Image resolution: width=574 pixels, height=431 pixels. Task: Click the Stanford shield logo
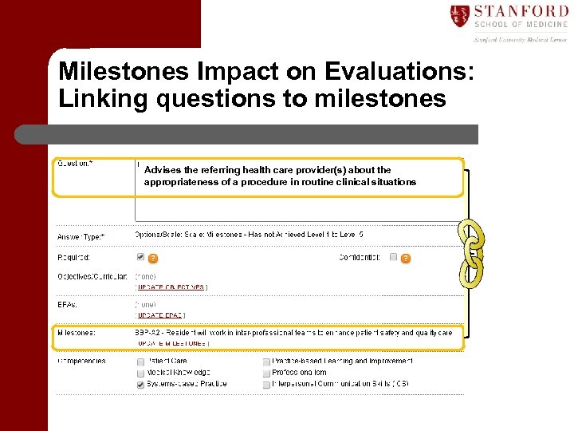(x=460, y=15)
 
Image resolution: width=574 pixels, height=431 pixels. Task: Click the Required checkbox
(x=140, y=257)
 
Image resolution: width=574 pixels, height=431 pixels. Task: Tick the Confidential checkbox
(x=393, y=257)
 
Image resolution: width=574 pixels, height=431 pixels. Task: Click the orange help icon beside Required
(x=153, y=258)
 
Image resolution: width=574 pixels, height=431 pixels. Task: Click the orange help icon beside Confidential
(x=406, y=258)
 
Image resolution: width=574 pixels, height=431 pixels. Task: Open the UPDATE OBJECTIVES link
(x=170, y=287)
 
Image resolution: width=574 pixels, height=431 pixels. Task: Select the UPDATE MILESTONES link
(x=173, y=344)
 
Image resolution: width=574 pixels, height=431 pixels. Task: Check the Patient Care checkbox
(x=140, y=362)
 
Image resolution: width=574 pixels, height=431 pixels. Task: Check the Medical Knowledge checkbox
(x=140, y=373)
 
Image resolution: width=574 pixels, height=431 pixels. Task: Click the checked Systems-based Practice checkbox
(x=140, y=384)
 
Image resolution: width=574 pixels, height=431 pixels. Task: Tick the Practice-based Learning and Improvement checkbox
(x=266, y=362)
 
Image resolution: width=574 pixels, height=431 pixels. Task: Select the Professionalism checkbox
(x=266, y=373)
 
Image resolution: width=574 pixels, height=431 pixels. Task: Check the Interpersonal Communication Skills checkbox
(x=266, y=384)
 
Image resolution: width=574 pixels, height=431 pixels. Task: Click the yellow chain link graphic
(x=471, y=254)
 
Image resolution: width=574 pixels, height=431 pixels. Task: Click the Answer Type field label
(x=81, y=236)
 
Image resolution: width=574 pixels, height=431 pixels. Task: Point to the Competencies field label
(x=81, y=361)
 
